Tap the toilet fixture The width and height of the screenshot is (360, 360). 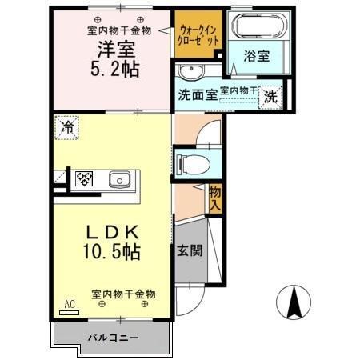click(192, 162)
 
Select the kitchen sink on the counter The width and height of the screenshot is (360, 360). click(120, 178)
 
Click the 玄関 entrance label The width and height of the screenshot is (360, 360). click(189, 249)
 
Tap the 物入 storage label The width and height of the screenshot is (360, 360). click(214, 197)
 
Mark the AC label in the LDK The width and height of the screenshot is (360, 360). click(69, 305)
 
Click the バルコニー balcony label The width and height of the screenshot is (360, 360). click(113, 338)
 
